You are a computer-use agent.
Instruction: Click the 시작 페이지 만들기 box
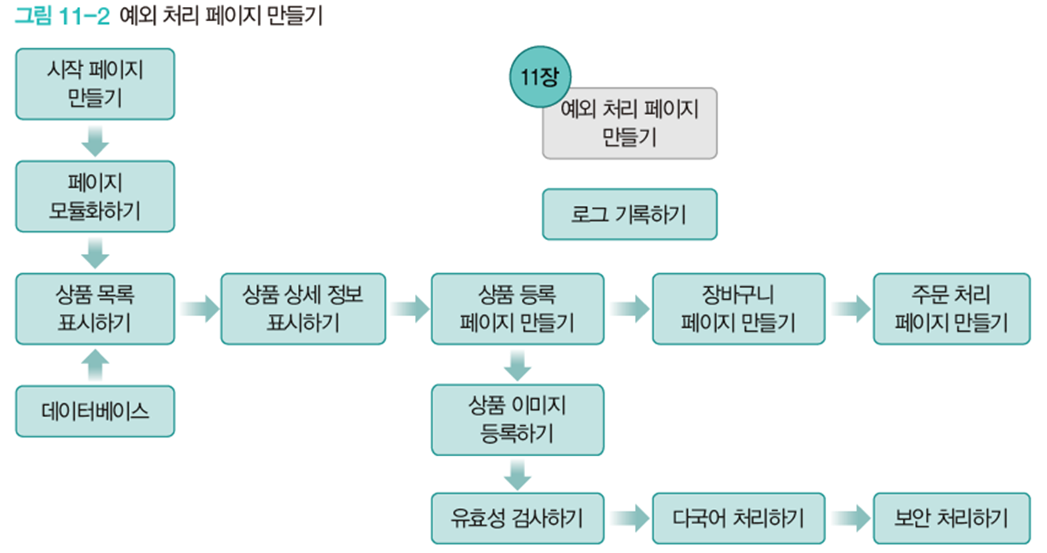pos(94,83)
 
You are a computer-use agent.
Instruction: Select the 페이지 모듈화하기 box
pos(94,197)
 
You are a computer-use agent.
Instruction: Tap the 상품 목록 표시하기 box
pos(94,308)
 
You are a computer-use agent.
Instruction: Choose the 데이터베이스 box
pos(94,411)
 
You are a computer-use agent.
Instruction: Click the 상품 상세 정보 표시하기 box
pos(303,308)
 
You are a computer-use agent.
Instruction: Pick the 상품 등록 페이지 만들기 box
pos(517,308)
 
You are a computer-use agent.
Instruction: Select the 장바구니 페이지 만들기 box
pos(738,308)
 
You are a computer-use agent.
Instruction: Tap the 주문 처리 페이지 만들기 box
pos(951,308)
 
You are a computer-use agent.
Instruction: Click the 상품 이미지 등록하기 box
pos(517,419)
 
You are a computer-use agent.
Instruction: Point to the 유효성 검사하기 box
pos(517,518)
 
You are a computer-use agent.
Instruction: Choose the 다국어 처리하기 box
pos(738,518)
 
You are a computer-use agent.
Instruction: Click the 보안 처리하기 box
pos(951,518)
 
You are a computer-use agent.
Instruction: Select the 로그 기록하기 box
pos(629,214)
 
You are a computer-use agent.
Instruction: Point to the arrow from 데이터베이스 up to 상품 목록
pos(94,365)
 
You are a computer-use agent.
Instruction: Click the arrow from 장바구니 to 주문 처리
pos(849,309)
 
